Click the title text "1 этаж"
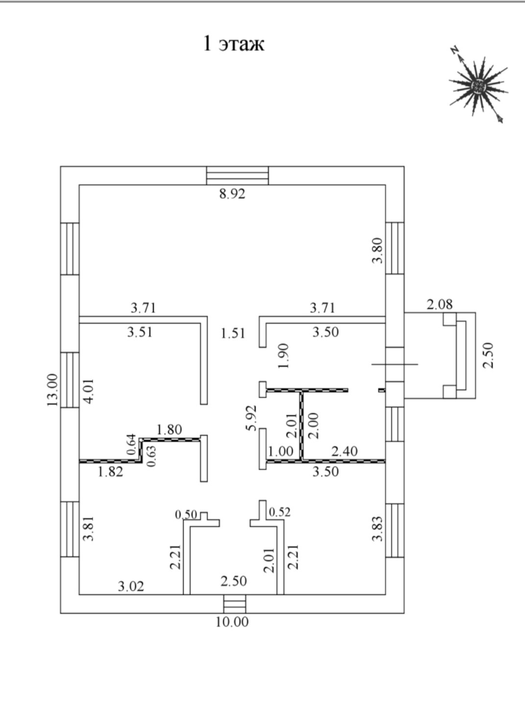point(234,44)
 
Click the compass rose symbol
point(478,86)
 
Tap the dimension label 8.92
point(232,194)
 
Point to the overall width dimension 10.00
point(233,622)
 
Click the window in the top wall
point(238,175)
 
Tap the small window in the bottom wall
point(233,604)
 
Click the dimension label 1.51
point(233,334)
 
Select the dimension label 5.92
point(251,417)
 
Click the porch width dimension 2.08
point(440,304)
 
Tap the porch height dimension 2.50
point(488,355)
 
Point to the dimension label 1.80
point(169,430)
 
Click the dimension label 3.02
point(131,586)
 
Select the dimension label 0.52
point(280,512)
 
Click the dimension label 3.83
point(377,529)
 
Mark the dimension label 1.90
point(284,355)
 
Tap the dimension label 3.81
point(89,529)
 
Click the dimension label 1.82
point(110,472)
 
